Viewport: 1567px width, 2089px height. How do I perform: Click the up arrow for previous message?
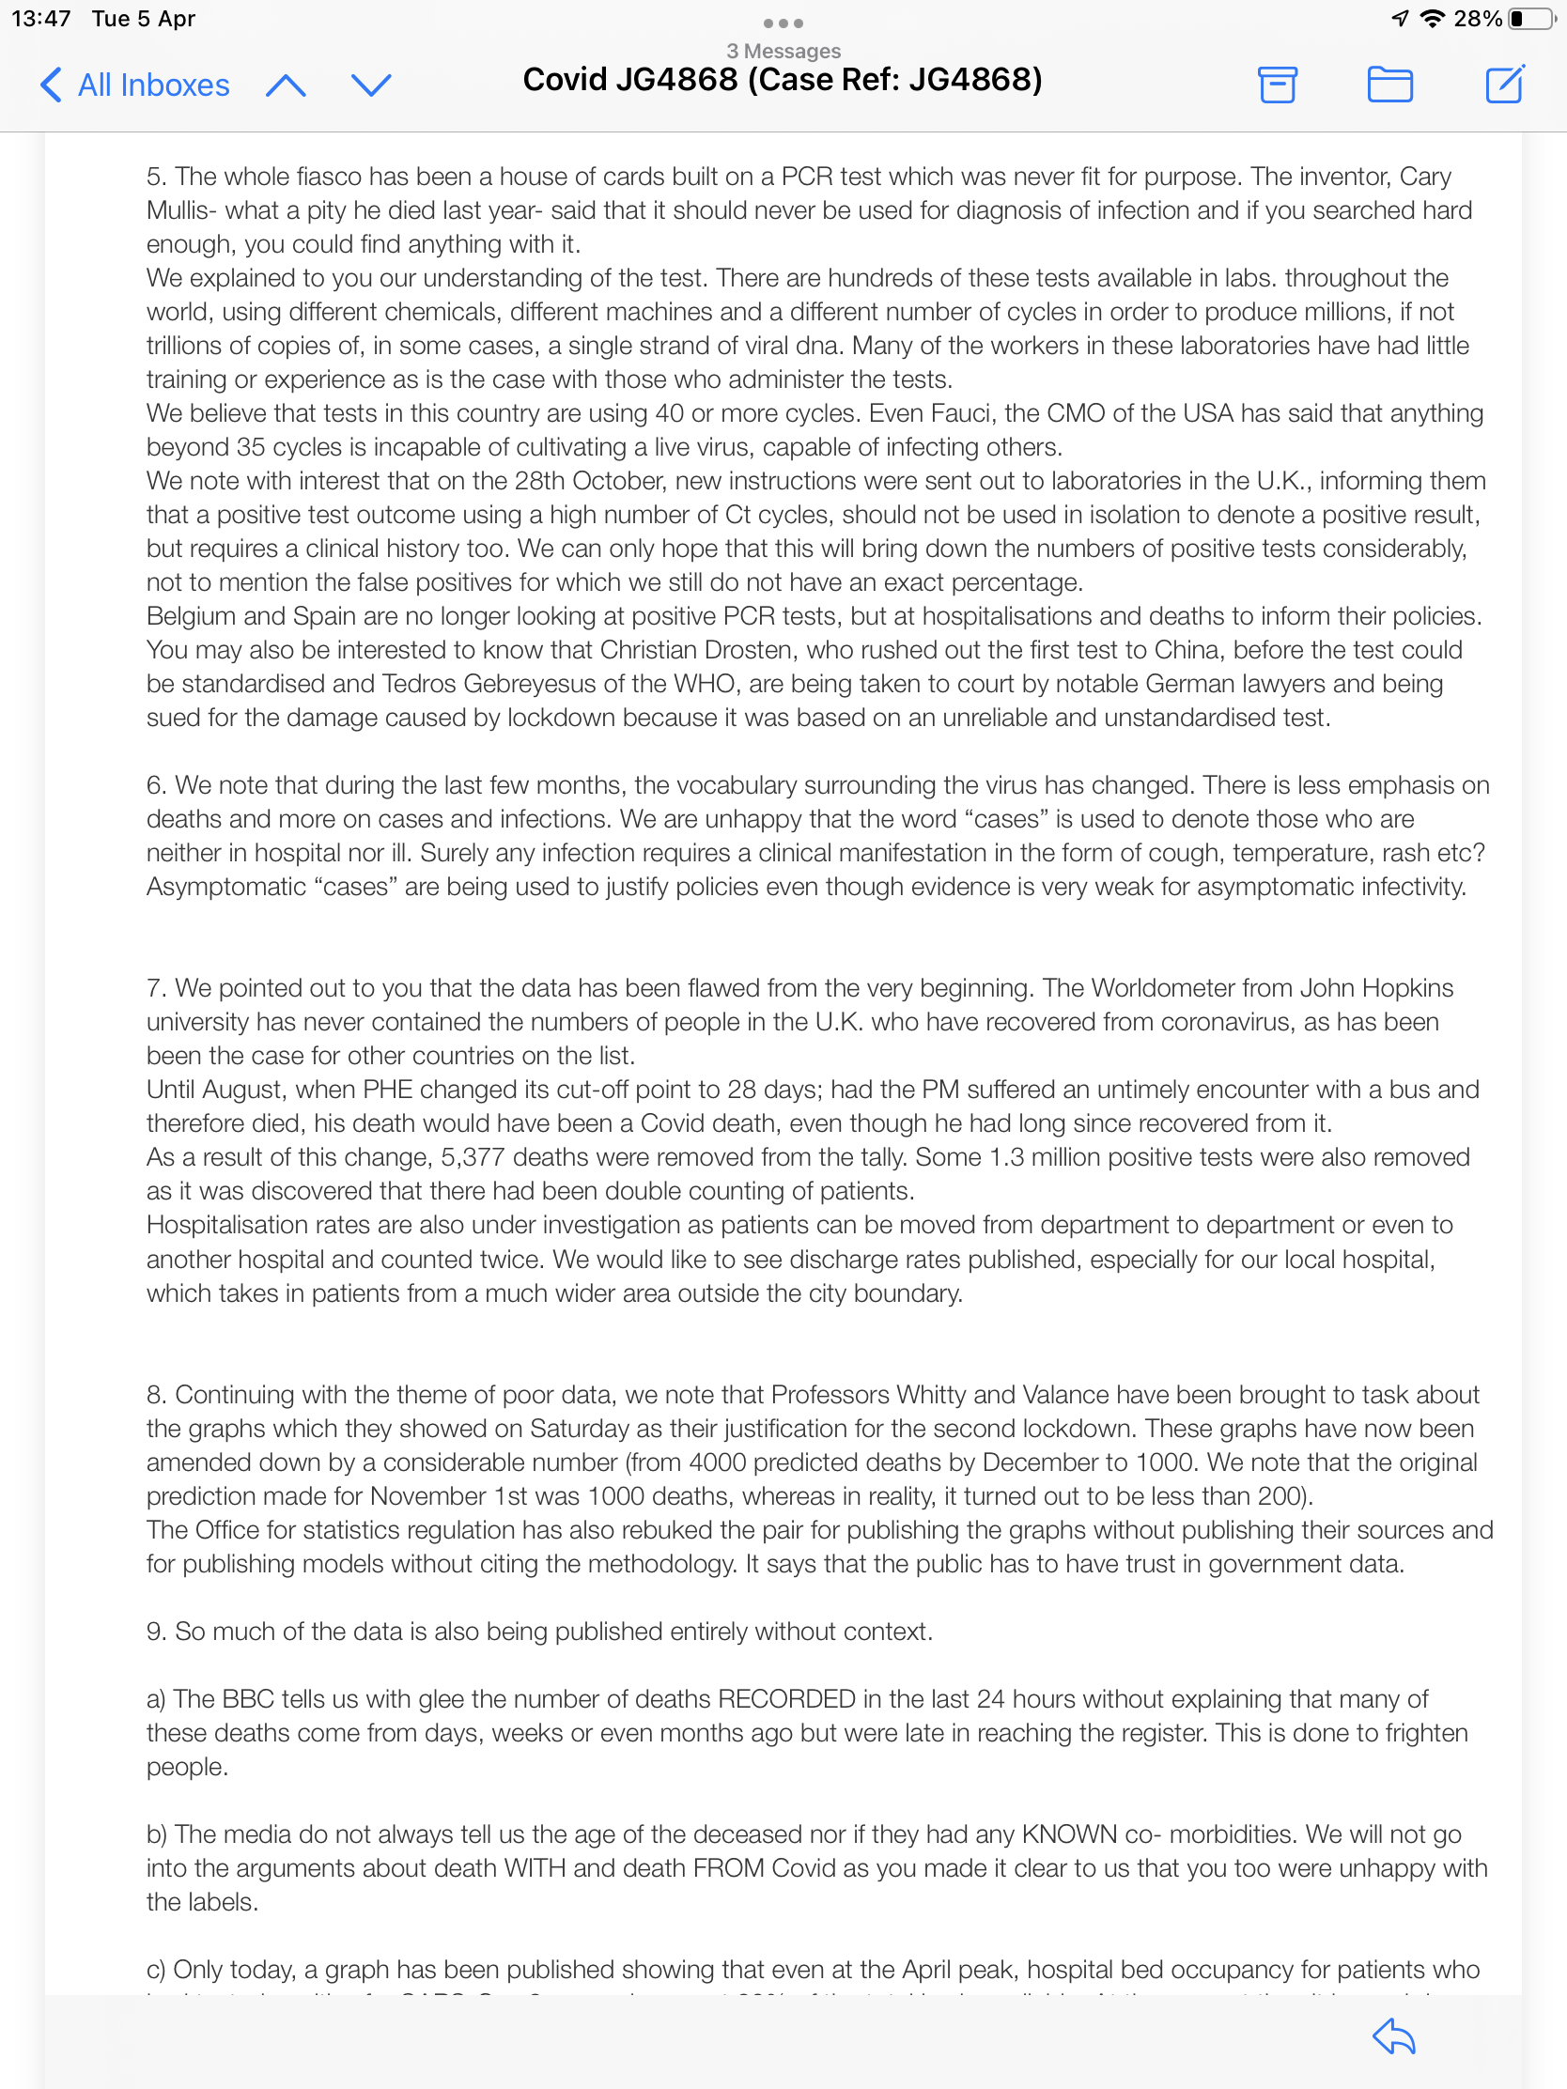286,85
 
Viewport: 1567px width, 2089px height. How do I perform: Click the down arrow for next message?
370,85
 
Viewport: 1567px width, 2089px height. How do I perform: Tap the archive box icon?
1277,85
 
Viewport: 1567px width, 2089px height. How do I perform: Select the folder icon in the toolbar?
1389,85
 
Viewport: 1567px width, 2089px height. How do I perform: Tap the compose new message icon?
1504,85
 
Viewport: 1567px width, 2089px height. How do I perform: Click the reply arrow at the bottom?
1393,2036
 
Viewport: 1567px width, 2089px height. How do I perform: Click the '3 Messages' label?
783,51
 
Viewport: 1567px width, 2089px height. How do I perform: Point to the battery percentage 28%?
1477,19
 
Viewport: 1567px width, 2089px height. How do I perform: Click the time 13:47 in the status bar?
40,19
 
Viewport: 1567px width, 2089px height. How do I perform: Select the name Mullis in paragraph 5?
177,210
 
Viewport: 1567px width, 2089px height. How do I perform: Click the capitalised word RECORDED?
787,1700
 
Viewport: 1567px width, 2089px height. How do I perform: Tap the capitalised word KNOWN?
1069,1835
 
